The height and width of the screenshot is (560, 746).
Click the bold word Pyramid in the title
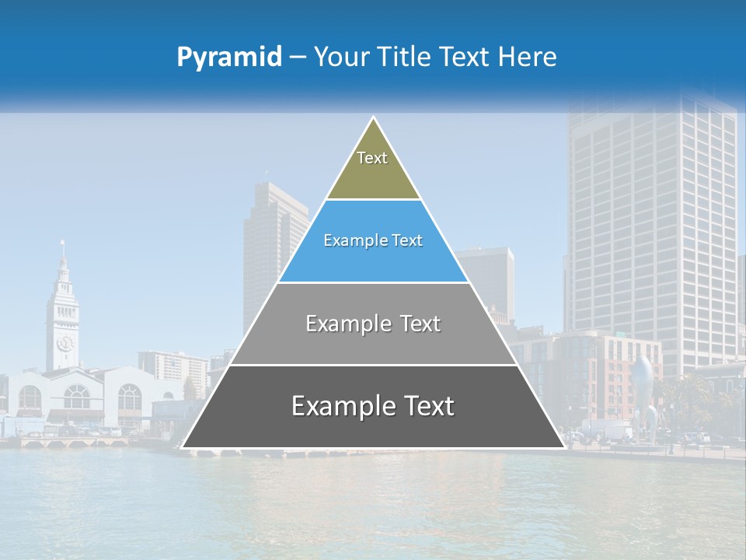coord(229,58)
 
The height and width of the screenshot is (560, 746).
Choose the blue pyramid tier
coord(373,261)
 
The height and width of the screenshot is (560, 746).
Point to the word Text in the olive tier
coord(372,158)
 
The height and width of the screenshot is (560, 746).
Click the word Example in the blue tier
coord(354,241)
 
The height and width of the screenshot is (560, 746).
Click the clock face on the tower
coord(64,342)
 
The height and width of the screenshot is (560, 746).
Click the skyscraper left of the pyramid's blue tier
coord(268,249)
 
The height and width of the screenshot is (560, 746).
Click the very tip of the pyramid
coord(374,118)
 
